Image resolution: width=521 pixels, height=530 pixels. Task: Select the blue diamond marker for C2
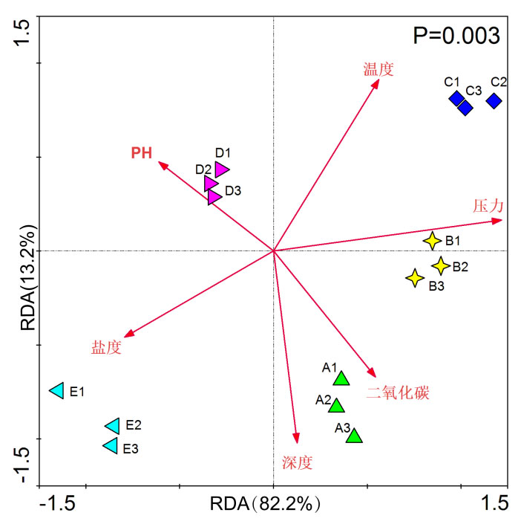494,100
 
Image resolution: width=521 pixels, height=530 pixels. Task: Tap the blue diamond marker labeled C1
456,98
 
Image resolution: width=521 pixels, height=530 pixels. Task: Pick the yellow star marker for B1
432,241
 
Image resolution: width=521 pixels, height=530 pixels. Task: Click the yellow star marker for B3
415,278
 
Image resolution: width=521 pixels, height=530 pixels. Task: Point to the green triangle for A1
341,379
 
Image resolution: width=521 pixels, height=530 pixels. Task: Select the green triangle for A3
354,436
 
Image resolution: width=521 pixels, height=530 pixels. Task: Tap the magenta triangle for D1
221,169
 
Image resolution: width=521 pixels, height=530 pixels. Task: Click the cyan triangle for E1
56,390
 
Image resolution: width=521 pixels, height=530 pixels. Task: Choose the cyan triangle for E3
111,446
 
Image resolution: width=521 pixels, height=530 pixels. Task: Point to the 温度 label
378,70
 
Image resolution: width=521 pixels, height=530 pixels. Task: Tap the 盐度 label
106,347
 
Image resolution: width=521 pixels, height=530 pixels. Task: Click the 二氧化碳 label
398,393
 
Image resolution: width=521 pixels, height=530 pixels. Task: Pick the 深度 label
297,463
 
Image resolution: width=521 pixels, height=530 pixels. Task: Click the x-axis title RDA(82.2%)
265,505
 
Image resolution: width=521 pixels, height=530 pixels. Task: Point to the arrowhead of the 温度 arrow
376,82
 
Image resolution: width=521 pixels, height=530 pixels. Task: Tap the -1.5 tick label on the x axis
56,505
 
